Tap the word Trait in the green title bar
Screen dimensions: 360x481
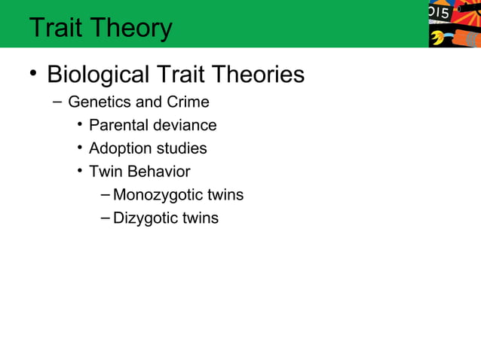(57, 28)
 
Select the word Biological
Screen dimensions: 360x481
(98, 75)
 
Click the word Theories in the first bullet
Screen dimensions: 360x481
(259, 75)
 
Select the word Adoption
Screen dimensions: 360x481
(119, 148)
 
